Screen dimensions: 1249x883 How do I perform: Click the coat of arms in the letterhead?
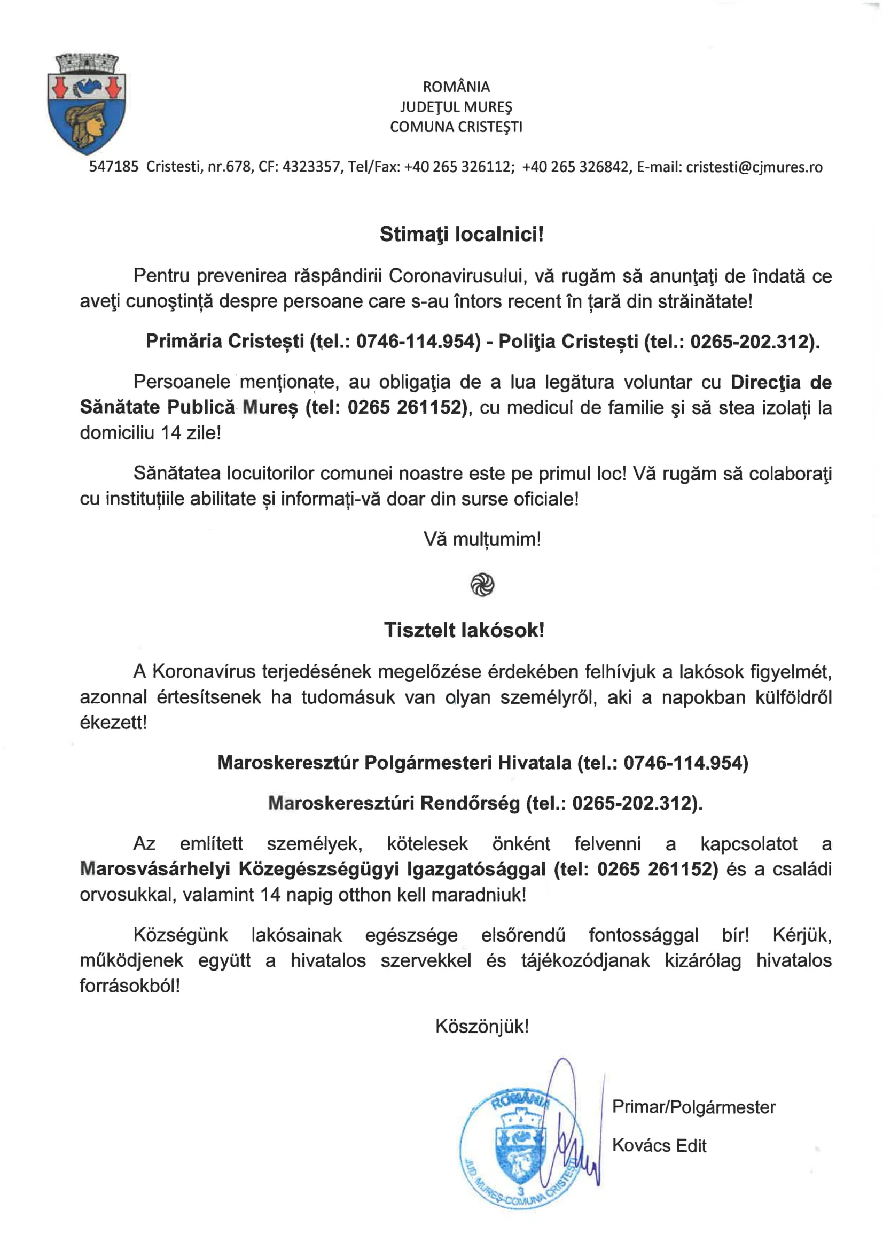click(x=87, y=104)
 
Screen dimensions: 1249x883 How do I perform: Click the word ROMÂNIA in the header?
click(x=456, y=87)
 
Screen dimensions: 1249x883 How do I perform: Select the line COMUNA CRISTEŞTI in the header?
click(x=456, y=127)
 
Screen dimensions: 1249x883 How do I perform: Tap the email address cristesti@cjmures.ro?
click(x=754, y=167)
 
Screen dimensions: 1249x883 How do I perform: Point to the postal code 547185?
click(x=114, y=167)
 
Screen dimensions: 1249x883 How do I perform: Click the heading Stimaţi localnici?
click(x=461, y=234)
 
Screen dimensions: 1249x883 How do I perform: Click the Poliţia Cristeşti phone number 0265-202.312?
click(x=751, y=342)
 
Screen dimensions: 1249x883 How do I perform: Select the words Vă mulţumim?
click(x=482, y=539)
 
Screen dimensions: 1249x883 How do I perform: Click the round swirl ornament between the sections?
click(x=482, y=585)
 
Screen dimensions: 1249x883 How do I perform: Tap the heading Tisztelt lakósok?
click(x=464, y=630)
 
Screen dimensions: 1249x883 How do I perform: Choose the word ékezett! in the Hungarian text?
click(x=113, y=723)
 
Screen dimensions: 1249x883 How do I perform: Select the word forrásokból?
click(x=129, y=986)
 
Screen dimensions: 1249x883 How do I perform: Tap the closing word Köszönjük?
click(x=482, y=1027)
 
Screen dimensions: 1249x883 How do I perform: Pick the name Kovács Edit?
click(x=659, y=1146)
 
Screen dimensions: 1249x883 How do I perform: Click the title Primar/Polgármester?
click(x=693, y=1107)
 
